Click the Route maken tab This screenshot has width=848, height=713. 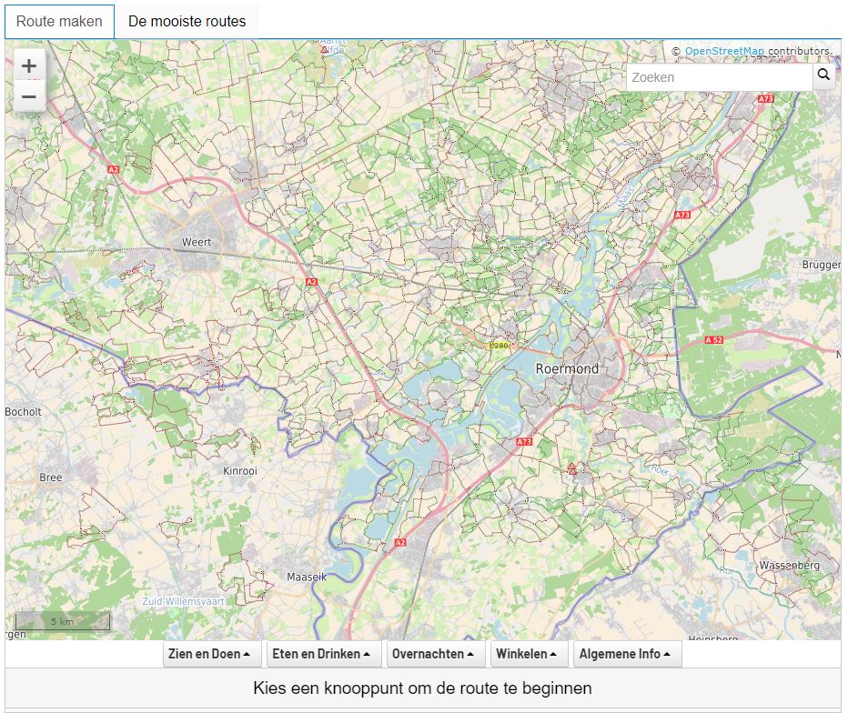tap(59, 21)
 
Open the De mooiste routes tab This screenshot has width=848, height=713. tap(187, 21)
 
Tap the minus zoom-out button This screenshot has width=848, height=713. tap(29, 96)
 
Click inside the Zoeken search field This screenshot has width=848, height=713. tap(719, 77)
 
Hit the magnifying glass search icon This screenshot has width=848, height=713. tap(823, 75)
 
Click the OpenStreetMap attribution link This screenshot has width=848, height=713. tap(724, 51)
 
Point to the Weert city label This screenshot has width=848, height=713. tap(197, 242)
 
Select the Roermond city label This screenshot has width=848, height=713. tap(567, 368)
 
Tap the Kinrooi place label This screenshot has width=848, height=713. tap(240, 471)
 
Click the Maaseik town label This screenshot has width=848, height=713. tap(306, 577)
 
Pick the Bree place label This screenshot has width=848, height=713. tap(51, 477)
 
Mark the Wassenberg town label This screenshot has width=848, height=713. tap(789, 565)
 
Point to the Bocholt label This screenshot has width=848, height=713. tap(24, 411)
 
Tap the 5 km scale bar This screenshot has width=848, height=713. tap(62, 622)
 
